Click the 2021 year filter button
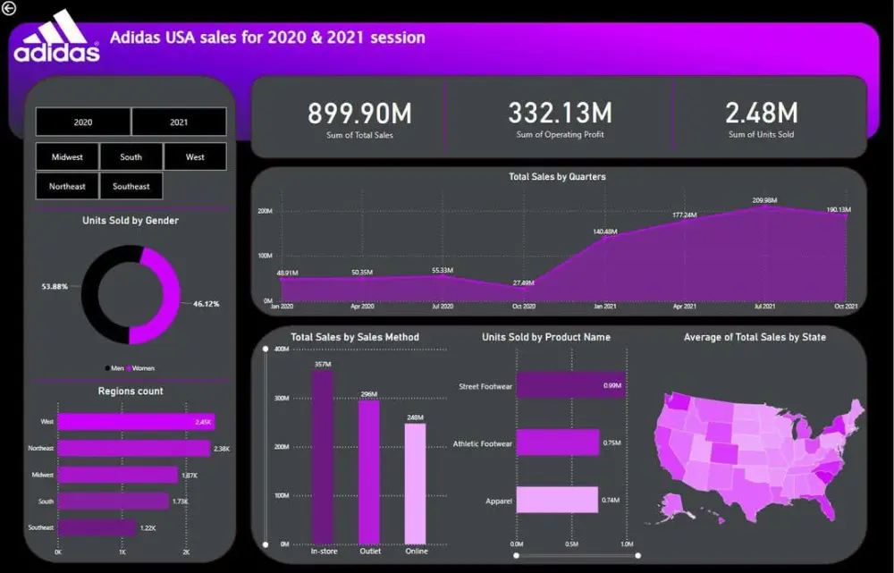pyautogui.click(x=179, y=122)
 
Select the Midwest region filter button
pyautogui.click(x=67, y=157)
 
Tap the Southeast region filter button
pyautogui.click(x=131, y=187)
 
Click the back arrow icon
pyautogui.click(x=9, y=8)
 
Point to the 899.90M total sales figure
pyautogui.click(x=359, y=114)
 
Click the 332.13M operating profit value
pyautogui.click(x=560, y=114)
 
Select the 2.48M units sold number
pyautogui.click(x=761, y=113)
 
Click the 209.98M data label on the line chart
pyautogui.click(x=764, y=200)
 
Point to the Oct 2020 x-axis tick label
pyautogui.click(x=523, y=307)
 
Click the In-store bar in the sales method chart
pyautogui.click(x=323, y=456)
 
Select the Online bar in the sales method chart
pyautogui.click(x=416, y=483)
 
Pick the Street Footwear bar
pyautogui.click(x=569, y=385)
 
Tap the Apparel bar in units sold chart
pyautogui.click(x=557, y=501)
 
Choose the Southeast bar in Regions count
pyautogui.click(x=97, y=528)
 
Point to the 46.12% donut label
pyautogui.click(x=206, y=304)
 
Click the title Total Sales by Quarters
pyautogui.click(x=557, y=177)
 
